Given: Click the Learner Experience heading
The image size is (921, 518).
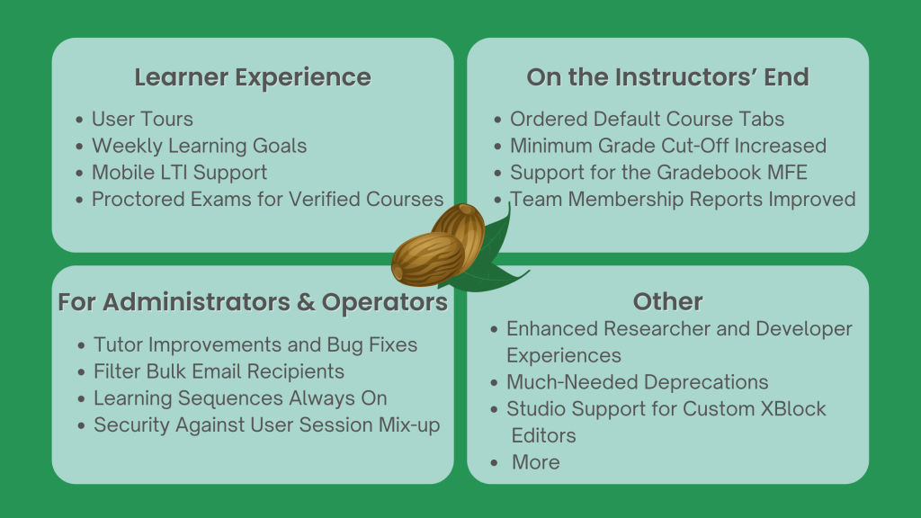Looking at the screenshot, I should tap(253, 77).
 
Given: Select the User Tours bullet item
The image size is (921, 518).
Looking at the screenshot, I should tap(142, 119).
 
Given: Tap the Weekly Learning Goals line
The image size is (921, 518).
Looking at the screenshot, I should tap(199, 146).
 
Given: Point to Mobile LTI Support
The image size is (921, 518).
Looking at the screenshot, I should tap(179, 172).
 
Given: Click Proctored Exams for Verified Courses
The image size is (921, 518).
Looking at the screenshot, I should tap(267, 199).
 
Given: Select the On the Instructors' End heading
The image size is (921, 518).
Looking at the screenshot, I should tap(667, 77).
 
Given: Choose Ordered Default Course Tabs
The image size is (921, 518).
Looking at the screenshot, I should tap(647, 119).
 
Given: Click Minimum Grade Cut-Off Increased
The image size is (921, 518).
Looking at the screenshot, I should tap(667, 146).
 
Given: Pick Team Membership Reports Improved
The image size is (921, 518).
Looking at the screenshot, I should tap(683, 199).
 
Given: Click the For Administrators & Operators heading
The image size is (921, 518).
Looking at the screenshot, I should tap(253, 302).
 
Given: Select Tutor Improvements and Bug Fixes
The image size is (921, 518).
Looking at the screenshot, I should tap(255, 344).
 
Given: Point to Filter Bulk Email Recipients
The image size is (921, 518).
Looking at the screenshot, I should tap(219, 371).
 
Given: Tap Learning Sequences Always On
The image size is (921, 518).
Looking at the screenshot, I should tap(240, 398).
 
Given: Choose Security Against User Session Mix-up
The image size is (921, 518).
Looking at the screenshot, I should tap(266, 425).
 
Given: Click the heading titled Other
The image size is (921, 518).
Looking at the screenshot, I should tap(667, 302).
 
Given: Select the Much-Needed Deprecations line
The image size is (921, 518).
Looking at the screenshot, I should tap(637, 382).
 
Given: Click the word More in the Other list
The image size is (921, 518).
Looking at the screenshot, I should tap(535, 462).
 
